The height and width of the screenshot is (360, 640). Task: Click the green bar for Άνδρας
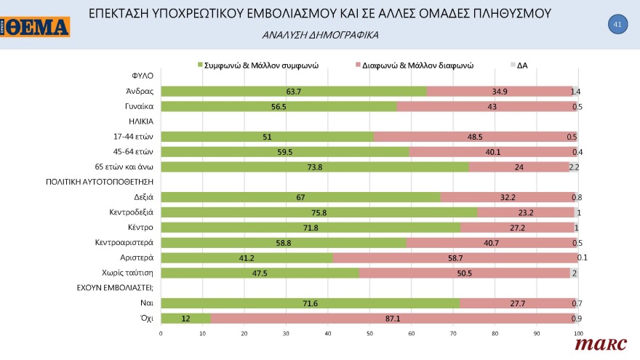pos(294,91)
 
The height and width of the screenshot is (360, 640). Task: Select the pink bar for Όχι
pos(393,319)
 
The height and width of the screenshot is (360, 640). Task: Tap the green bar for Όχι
pos(185,319)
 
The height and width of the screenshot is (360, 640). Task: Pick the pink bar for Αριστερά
pos(455,257)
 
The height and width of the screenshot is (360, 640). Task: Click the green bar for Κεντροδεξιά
pos(319,212)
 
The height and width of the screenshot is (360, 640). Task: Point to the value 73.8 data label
pos(314,167)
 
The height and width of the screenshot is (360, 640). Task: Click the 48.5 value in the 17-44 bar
pos(475,137)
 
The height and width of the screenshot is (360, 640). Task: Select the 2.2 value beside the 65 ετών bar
pos(574,167)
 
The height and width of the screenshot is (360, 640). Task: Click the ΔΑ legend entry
pos(521,65)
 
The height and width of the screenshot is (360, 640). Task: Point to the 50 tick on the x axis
pos(369,335)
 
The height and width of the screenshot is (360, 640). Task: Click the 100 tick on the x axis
pos(578,335)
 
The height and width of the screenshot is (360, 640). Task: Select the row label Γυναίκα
pos(138,106)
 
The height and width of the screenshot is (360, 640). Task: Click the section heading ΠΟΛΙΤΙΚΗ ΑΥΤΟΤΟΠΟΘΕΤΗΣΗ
pos(99,182)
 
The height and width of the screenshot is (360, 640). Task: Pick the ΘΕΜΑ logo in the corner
pos(36,27)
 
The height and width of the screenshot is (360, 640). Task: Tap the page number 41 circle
pos(617,25)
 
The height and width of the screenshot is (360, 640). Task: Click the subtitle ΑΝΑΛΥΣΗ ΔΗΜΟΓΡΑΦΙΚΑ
pos(320,35)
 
